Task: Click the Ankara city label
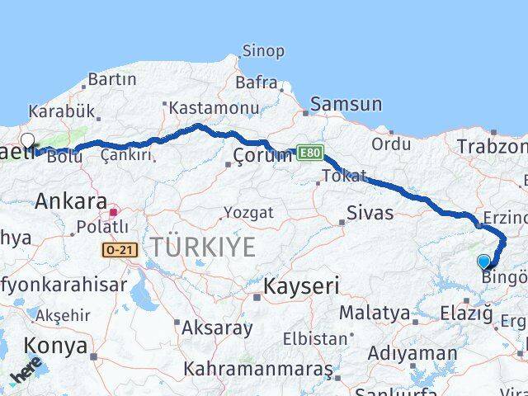pos(71,200)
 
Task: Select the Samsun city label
pos(346,105)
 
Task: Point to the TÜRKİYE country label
pos(201,246)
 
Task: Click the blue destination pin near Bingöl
pos(484,262)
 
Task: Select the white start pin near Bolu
pos(27,141)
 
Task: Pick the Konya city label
pos(55,346)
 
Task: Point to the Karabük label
pos(61,111)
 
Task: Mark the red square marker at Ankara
pos(113,212)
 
